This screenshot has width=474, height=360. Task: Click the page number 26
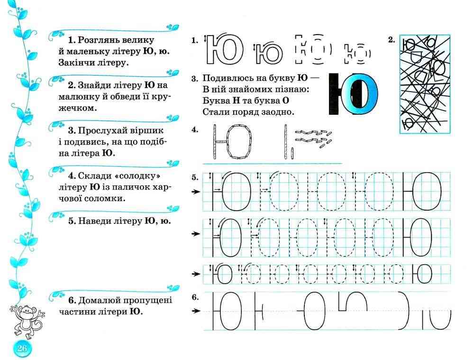[22, 349]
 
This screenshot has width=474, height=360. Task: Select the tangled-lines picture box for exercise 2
[425, 84]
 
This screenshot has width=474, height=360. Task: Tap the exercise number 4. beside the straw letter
[195, 129]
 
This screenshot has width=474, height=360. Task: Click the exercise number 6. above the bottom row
[195, 297]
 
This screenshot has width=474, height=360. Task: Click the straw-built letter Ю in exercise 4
[232, 141]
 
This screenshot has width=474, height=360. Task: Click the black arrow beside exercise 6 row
[194, 311]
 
